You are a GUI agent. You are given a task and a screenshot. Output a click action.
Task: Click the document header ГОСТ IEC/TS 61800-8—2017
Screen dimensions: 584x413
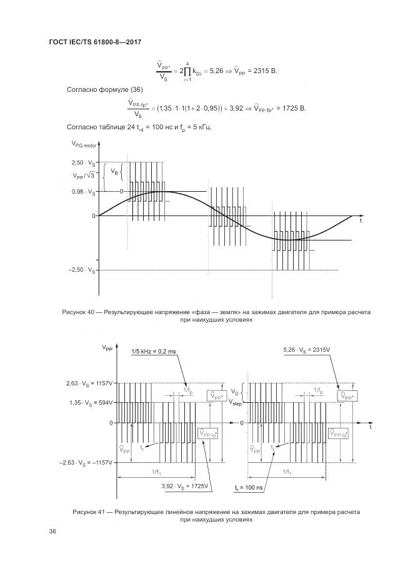(x=96, y=42)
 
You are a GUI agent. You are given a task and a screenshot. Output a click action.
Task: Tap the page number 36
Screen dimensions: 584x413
(x=52, y=531)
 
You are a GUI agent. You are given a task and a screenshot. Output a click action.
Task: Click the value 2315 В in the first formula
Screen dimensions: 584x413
(x=262, y=70)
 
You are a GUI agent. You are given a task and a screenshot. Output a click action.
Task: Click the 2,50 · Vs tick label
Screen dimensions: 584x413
(x=83, y=162)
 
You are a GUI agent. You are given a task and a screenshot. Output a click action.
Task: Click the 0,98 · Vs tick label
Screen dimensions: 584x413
(x=83, y=192)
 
